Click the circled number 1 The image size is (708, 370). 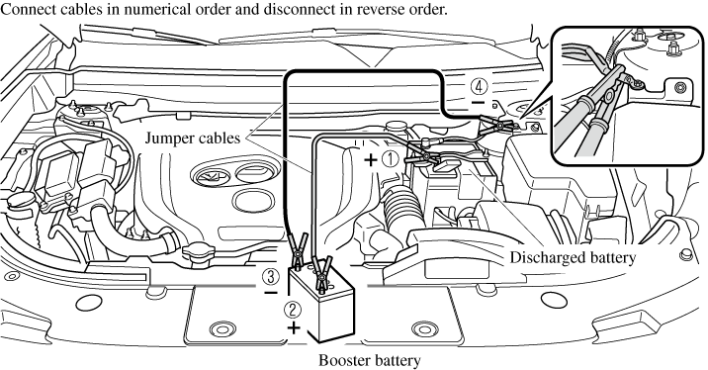(390, 159)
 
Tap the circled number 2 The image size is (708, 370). (292, 310)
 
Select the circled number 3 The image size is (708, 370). (271, 276)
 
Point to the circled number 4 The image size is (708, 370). (479, 85)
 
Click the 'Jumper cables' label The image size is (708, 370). (193, 138)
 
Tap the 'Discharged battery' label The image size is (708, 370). (573, 257)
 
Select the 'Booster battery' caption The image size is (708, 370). (370, 360)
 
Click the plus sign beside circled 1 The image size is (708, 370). (370, 159)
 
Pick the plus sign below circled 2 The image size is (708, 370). (294, 327)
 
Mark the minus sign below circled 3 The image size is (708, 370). (271, 293)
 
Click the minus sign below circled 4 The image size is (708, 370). (478, 103)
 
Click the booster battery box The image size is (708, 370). (321, 304)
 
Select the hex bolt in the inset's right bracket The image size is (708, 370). (679, 87)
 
